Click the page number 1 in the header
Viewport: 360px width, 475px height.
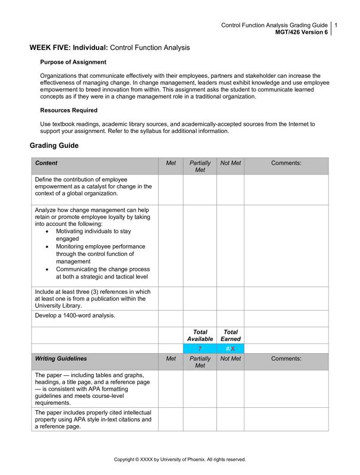click(x=336, y=26)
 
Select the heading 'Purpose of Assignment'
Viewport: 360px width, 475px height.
click(x=73, y=62)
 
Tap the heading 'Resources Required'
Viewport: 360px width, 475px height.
click(x=69, y=110)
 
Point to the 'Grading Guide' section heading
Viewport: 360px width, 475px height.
click(x=54, y=145)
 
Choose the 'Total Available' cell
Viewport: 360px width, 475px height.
click(x=200, y=335)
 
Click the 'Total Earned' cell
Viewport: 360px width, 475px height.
click(x=230, y=335)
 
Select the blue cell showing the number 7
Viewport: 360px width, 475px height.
click(x=200, y=349)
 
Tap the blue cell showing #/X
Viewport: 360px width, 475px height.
click(x=230, y=349)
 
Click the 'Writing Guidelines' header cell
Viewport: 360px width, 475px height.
click(x=61, y=359)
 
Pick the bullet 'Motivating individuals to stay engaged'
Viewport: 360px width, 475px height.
click(x=93, y=235)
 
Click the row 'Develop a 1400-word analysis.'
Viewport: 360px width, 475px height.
click(x=75, y=315)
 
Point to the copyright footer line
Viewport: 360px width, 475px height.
click(x=179, y=460)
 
